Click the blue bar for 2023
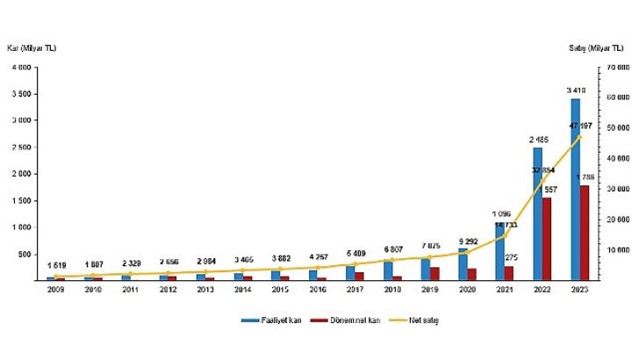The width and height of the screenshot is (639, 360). pyautogui.click(x=575, y=189)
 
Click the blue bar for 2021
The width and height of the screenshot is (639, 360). pyautogui.click(x=499, y=251)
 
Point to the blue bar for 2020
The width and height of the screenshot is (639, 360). pyautogui.click(x=463, y=264)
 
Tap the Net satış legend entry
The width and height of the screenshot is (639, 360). pyautogui.click(x=420, y=320)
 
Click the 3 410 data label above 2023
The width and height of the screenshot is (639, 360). pyautogui.click(x=576, y=90)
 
